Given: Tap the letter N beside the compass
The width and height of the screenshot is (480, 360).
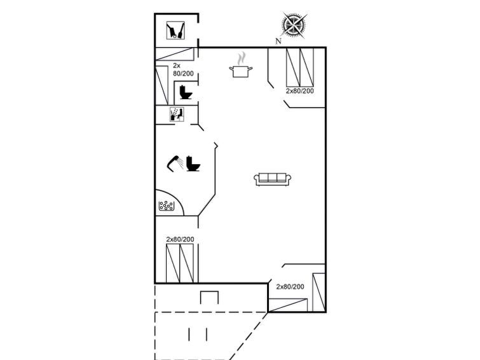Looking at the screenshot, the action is [278, 41].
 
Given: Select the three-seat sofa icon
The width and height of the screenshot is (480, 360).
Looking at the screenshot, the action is [273, 179].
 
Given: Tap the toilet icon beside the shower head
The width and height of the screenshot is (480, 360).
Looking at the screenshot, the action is [193, 163].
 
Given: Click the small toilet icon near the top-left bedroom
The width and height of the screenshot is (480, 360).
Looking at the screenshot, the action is [185, 92].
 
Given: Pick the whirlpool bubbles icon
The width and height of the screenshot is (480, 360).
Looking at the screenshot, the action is [167, 205].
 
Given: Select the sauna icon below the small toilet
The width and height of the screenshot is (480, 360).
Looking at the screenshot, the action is [177, 114].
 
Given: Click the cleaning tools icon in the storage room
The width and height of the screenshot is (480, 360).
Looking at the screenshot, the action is [175, 30].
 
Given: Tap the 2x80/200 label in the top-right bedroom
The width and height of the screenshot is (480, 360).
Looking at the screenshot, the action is [300, 91].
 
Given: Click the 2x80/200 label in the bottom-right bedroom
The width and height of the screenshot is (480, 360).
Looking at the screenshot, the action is [290, 287].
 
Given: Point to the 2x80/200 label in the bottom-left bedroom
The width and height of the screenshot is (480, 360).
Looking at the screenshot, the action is [180, 239].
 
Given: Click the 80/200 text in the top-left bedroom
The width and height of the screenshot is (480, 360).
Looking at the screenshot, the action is [183, 74].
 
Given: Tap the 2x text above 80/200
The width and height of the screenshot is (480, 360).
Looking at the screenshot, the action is [177, 66].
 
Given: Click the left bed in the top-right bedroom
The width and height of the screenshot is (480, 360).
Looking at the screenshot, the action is [293, 67].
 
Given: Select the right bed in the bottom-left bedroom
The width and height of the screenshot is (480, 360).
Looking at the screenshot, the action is [187, 263].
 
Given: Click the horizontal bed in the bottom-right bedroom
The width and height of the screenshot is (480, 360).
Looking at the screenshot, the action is [288, 305].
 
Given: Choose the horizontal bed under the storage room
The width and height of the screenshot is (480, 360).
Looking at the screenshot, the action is [175, 53].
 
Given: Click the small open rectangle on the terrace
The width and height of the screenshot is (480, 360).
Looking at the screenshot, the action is [209, 298].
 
